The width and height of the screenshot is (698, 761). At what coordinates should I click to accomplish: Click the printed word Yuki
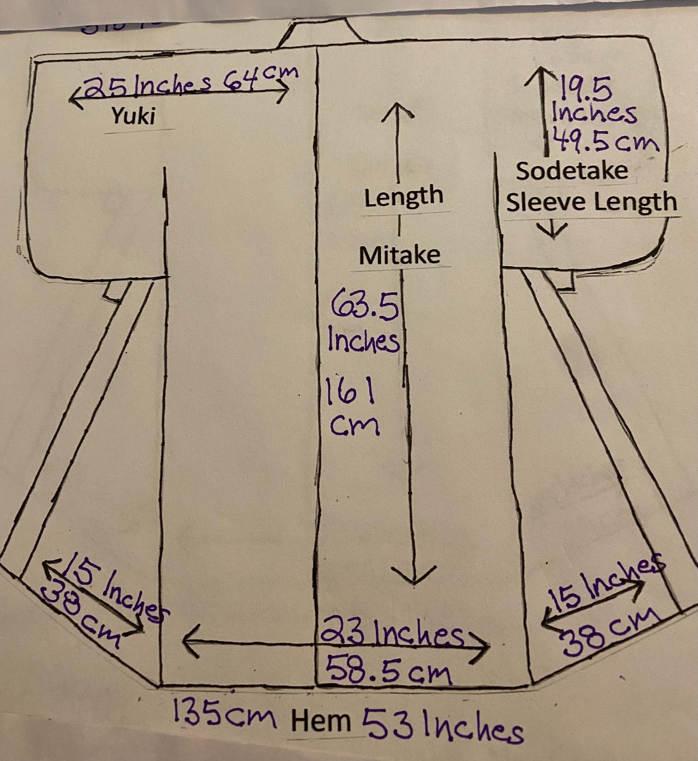tap(134, 116)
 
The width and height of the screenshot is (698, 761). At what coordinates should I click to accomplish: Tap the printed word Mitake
tap(400, 255)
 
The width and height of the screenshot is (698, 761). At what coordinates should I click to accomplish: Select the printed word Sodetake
tap(572, 171)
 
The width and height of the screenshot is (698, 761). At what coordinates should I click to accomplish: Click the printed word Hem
tap(321, 721)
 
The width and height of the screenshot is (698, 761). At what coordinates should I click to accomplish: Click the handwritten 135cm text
tap(224, 714)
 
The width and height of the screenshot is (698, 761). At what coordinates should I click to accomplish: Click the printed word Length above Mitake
tap(403, 197)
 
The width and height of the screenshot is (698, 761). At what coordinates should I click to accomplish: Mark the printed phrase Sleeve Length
tap(591, 202)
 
